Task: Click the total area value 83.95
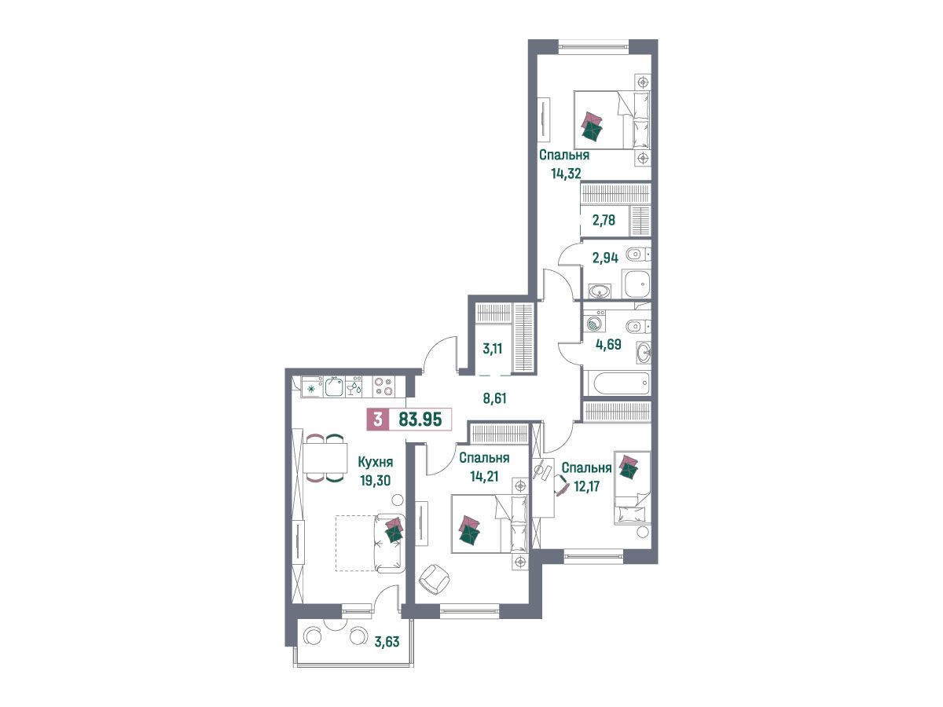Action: coord(420,419)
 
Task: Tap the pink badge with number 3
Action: coord(378,419)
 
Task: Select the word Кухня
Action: coord(376,463)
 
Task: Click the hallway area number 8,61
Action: coord(494,398)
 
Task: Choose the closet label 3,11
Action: coord(493,349)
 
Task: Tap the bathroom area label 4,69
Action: coord(608,344)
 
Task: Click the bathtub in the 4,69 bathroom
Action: coord(616,383)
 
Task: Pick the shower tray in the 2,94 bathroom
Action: coord(637,284)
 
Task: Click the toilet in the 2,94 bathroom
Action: coord(638,256)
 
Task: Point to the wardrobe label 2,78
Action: coord(604,220)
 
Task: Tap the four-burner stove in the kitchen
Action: coord(383,386)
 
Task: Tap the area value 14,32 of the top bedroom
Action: coord(566,174)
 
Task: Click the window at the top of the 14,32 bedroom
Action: coord(593,47)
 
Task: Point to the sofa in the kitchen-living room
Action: coord(389,543)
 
